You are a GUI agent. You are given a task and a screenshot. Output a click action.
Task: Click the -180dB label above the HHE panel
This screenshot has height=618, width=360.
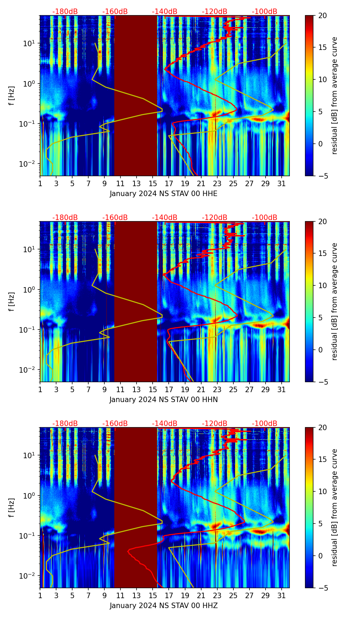[65, 12]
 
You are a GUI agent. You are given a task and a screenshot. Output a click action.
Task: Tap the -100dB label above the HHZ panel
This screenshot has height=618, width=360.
[265, 424]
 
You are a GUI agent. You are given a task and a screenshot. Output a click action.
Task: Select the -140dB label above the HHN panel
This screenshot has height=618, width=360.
[165, 218]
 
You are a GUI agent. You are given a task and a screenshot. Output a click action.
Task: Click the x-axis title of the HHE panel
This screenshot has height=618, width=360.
[164, 194]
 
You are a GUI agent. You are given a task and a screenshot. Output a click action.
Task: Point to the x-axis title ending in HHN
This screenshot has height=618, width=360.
[164, 400]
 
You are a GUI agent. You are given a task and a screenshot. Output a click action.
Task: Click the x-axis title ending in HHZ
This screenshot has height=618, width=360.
[164, 606]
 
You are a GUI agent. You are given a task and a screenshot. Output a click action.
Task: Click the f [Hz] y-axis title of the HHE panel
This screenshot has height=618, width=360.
[12, 95]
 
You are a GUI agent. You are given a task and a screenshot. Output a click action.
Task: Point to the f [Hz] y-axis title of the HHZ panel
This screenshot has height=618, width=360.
[12, 507]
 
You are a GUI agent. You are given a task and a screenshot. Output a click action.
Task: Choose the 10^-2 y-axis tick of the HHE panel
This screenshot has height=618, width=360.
[29, 164]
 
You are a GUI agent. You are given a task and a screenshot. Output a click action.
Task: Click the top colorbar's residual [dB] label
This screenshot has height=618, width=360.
[334, 95]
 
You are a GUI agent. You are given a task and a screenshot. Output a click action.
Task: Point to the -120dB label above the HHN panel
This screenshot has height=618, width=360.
[215, 218]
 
